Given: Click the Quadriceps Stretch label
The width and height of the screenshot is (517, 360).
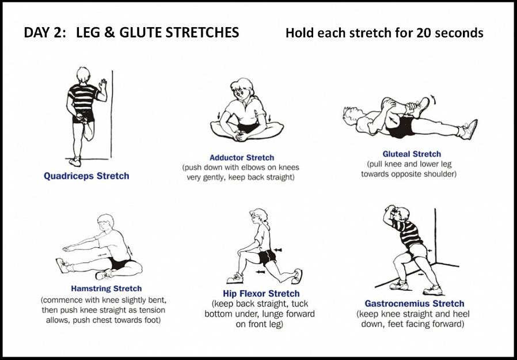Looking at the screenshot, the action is (x=86, y=176).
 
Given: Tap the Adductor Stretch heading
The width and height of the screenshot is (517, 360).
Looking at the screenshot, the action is (x=242, y=158).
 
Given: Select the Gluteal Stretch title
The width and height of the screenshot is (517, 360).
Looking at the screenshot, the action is (x=412, y=154).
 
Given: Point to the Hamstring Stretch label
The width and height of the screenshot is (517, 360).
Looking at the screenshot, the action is (x=106, y=289).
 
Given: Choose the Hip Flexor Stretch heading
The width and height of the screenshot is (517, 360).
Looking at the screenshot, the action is (x=261, y=294).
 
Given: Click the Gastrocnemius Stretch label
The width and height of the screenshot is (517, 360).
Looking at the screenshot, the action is (x=414, y=304).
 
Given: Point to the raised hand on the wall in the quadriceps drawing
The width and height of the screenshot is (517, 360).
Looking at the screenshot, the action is (x=104, y=84).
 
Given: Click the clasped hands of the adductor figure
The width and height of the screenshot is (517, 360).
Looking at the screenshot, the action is (x=240, y=135).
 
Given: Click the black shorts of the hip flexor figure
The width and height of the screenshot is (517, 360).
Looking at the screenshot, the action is (x=267, y=257).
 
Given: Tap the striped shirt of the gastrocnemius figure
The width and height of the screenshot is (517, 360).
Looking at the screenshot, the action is (x=408, y=233).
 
